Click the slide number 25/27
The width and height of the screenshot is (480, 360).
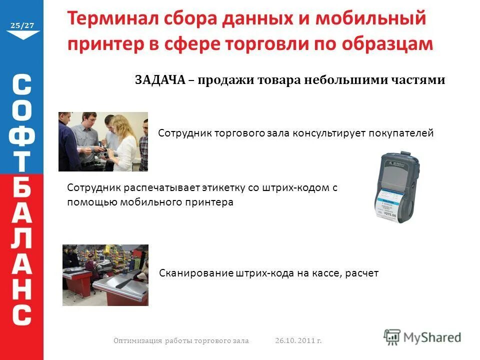[x=22, y=25]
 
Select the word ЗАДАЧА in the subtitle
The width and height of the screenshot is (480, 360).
[x=159, y=80]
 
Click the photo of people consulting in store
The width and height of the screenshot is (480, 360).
[x=103, y=141]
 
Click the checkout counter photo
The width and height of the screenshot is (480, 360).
[x=105, y=274]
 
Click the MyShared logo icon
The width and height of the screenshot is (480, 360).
[x=392, y=336]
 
